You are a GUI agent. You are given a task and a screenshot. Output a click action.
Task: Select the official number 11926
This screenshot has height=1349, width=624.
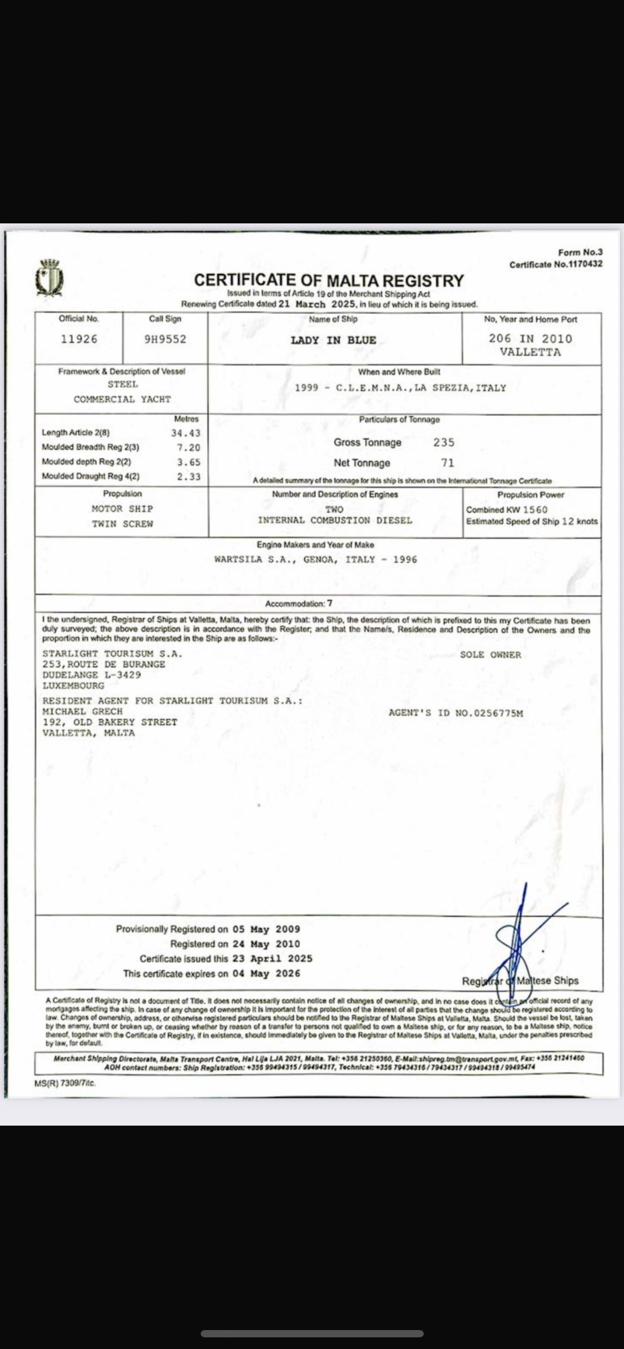[x=79, y=339]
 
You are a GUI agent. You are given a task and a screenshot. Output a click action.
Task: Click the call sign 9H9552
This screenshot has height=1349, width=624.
[x=165, y=339]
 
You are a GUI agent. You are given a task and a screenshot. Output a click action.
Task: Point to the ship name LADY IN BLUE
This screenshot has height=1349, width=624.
[x=333, y=340]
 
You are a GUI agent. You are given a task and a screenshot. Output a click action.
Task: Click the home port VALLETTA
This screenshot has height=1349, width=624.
[x=530, y=352]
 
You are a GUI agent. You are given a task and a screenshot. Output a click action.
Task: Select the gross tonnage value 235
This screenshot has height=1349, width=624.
[x=444, y=442]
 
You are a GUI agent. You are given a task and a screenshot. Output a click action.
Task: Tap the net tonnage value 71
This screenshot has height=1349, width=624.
[x=448, y=463]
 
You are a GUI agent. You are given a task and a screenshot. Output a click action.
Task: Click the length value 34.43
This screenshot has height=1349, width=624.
[x=186, y=433]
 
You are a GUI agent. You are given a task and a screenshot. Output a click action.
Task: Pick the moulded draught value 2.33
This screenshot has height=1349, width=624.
[x=189, y=476]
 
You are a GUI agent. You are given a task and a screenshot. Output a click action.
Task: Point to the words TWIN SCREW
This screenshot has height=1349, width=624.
[x=122, y=523]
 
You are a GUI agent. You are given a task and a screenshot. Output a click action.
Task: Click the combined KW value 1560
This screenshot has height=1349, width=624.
[x=535, y=509]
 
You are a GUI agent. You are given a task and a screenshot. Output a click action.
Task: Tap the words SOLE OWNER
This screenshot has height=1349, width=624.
[x=490, y=655]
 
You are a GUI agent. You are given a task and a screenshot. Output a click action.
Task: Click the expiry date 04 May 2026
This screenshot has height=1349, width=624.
[x=267, y=974]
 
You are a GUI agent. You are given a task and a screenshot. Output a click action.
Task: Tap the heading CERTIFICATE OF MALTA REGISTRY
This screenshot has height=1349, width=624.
[x=329, y=281]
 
